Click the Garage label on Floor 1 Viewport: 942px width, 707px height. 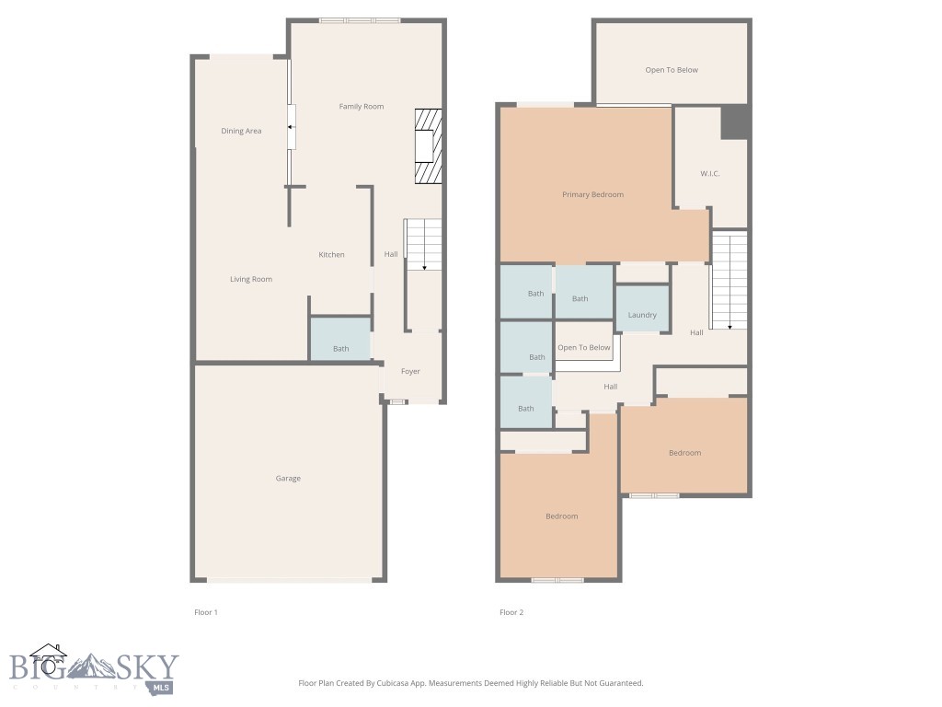(x=288, y=479)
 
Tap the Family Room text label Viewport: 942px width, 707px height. (x=361, y=107)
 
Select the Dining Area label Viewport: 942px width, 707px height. (x=241, y=131)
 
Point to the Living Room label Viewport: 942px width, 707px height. (x=250, y=279)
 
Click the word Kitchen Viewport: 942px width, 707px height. (x=331, y=255)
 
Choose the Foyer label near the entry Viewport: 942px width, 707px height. (x=410, y=372)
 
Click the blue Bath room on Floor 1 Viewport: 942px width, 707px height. (x=340, y=340)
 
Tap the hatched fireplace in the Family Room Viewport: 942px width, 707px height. (x=428, y=147)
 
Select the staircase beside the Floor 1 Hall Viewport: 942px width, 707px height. (x=424, y=245)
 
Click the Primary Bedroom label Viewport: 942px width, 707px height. (x=592, y=195)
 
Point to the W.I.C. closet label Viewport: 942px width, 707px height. (x=709, y=173)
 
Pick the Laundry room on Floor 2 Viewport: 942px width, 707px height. (x=641, y=311)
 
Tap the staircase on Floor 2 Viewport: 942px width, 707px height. (x=729, y=281)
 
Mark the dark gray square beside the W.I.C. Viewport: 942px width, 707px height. (x=734, y=122)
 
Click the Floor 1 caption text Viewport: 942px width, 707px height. (x=206, y=612)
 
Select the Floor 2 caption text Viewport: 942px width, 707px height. (x=511, y=612)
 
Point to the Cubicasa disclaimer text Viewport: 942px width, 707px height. (x=470, y=683)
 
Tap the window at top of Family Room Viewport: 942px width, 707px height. (x=360, y=20)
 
